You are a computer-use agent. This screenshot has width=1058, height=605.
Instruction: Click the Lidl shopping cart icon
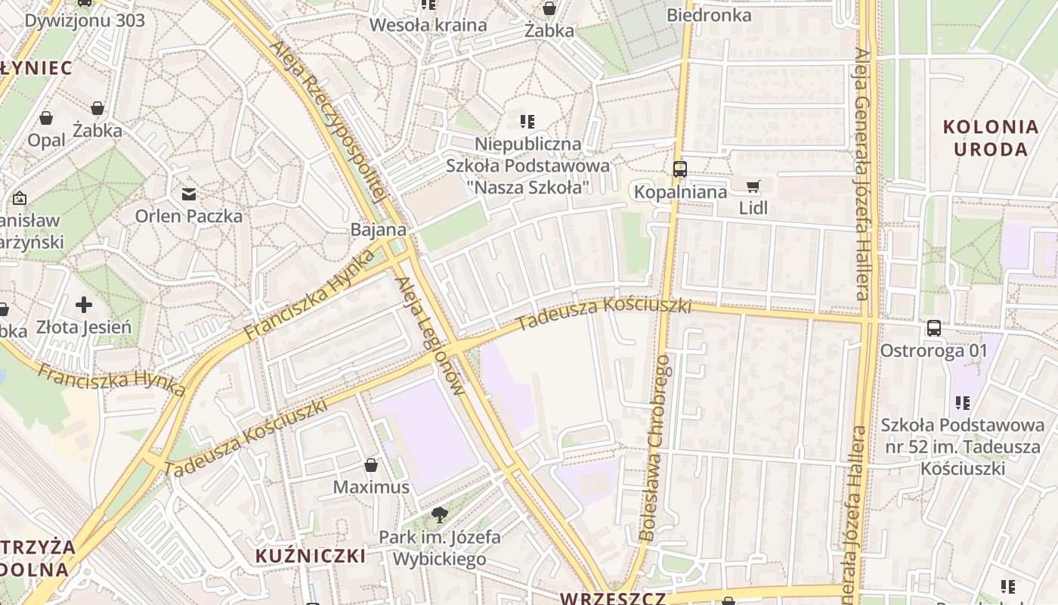pyautogui.click(x=753, y=186)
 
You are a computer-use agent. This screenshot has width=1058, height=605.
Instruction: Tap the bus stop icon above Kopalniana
pyautogui.click(x=680, y=169)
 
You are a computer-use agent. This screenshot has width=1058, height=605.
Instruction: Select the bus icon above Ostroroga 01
pyautogui.click(x=934, y=328)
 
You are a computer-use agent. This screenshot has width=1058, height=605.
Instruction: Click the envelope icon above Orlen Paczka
pyautogui.click(x=189, y=194)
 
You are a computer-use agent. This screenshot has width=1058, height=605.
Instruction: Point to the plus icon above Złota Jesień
pyautogui.click(x=84, y=305)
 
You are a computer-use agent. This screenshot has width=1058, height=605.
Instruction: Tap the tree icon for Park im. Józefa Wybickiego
pyautogui.click(x=439, y=516)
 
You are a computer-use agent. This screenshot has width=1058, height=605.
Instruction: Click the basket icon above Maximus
pyautogui.click(x=371, y=464)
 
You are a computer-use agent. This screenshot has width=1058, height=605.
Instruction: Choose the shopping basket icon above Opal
pyautogui.click(x=46, y=118)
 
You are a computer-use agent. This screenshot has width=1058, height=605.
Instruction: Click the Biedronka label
pyautogui.click(x=709, y=15)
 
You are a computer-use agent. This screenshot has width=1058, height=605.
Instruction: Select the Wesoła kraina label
pyautogui.click(x=428, y=25)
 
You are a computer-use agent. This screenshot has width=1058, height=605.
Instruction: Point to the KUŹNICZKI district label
pyautogui.click(x=311, y=557)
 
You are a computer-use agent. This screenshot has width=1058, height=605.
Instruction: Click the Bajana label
pyautogui.click(x=379, y=230)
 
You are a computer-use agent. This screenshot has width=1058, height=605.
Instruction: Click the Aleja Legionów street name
pyautogui.click(x=428, y=337)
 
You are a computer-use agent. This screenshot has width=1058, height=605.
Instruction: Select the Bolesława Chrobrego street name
pyautogui.click(x=654, y=448)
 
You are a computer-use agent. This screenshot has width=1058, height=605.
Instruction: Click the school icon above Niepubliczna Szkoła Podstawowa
pyautogui.click(x=527, y=121)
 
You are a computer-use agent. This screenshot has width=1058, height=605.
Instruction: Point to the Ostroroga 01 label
pyautogui.click(x=933, y=351)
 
